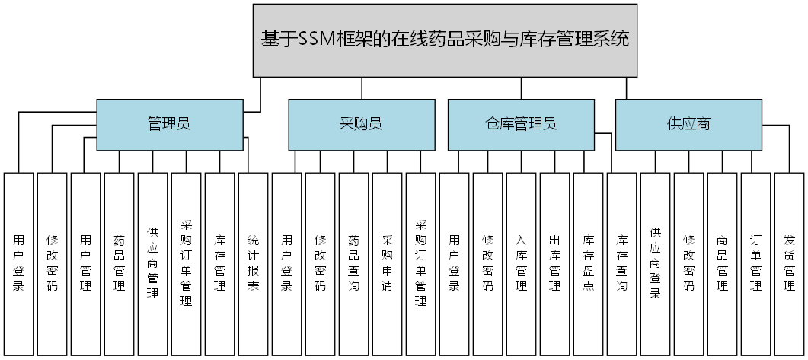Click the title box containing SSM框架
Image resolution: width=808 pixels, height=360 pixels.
(x=445, y=40)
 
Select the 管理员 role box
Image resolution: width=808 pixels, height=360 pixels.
(x=168, y=124)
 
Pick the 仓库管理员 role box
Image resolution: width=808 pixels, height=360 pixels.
(x=520, y=124)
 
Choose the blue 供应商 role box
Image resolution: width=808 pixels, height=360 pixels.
(x=687, y=124)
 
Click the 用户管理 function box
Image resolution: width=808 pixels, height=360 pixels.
(x=85, y=263)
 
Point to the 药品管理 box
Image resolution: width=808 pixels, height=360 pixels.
(x=119, y=263)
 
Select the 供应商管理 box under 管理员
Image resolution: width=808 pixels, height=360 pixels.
(x=152, y=263)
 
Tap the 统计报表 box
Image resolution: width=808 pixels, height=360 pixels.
(x=253, y=263)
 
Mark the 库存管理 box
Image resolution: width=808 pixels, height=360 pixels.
(x=219, y=263)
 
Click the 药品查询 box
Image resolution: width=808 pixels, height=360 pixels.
(x=353, y=263)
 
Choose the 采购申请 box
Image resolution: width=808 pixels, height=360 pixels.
(x=387, y=263)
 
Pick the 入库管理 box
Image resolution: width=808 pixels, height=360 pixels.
(x=521, y=263)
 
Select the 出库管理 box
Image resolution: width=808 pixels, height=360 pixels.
(x=554, y=263)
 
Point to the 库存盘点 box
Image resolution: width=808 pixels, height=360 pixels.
(x=588, y=263)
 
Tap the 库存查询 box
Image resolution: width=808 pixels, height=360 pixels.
(x=621, y=263)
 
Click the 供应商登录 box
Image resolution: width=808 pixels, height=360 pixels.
(x=655, y=263)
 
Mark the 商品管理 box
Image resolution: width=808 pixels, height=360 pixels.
(x=722, y=263)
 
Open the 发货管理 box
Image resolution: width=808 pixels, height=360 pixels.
(x=789, y=263)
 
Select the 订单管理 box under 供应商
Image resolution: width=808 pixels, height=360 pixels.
(x=755, y=263)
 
